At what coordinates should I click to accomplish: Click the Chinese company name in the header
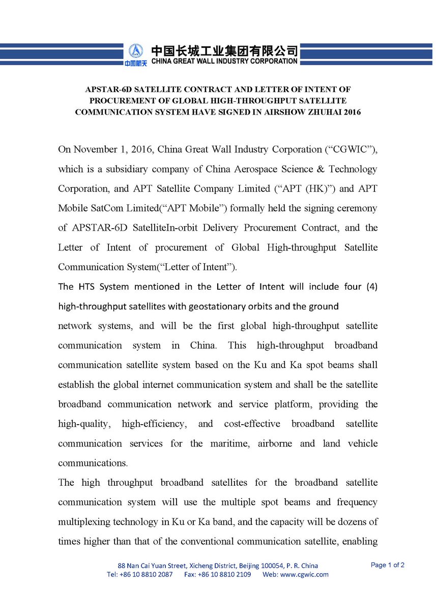pyautogui.click(x=224, y=50)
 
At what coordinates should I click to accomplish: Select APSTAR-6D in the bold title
pyautogui.click(x=106, y=89)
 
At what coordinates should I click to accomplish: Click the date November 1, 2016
pyautogui.click(x=114, y=149)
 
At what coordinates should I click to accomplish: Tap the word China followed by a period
pyautogui.click(x=204, y=346)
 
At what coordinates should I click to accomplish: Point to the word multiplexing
pyautogui.click(x=82, y=522)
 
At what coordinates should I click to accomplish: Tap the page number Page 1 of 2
pyautogui.click(x=388, y=565)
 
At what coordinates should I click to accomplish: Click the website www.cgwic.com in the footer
pyautogui.click(x=304, y=575)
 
